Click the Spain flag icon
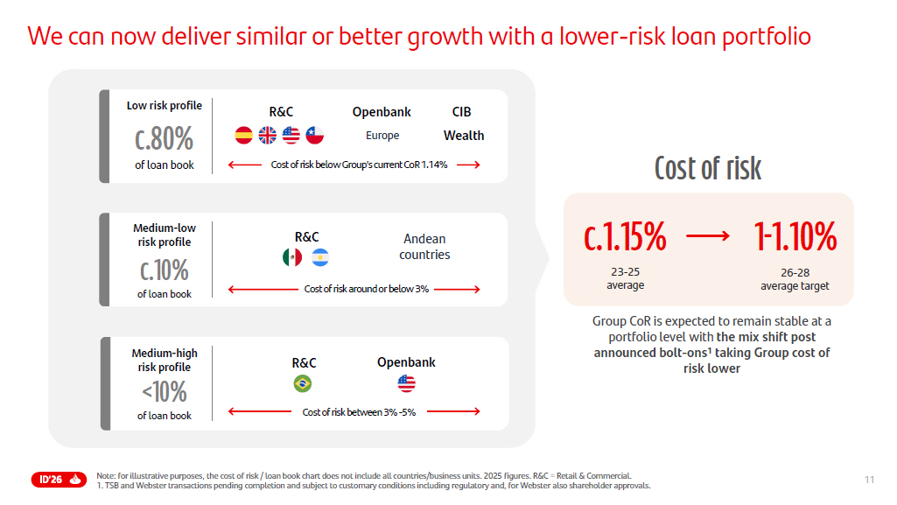click(x=244, y=136)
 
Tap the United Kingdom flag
click(x=268, y=136)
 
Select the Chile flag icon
click(x=315, y=136)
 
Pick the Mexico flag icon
click(x=292, y=257)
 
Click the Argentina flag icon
click(x=320, y=257)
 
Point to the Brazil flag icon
click(x=303, y=383)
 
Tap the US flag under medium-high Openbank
click(x=406, y=383)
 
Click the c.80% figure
click(x=164, y=138)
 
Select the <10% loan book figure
click(x=164, y=391)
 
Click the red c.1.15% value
click(x=625, y=237)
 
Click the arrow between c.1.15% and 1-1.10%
click(x=707, y=236)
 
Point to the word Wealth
click(x=464, y=136)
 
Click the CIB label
click(x=461, y=112)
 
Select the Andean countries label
click(x=424, y=247)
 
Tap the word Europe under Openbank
click(x=382, y=136)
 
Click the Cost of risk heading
click(x=708, y=168)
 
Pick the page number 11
click(x=869, y=479)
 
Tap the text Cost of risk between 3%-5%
click(x=359, y=412)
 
